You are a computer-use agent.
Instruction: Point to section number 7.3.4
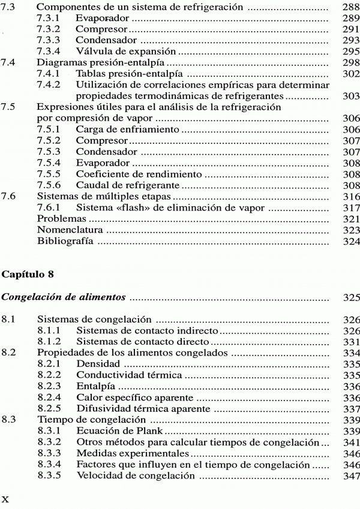coord(49,53)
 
